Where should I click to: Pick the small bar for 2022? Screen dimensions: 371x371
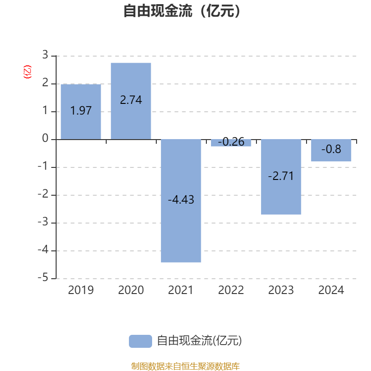point(231,143)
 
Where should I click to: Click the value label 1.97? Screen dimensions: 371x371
point(81,111)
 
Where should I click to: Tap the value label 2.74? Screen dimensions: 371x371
point(131,100)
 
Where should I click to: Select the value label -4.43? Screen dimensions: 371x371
point(181,200)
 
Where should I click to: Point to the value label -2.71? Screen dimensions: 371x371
point(281,177)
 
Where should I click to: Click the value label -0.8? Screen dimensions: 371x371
point(331,149)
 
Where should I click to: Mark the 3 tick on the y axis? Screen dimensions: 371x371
point(45,56)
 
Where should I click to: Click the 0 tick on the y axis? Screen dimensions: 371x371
point(45,139)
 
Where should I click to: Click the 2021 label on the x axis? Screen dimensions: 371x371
point(181,290)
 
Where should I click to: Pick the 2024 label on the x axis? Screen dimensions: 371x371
point(331,290)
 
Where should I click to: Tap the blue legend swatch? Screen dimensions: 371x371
point(140,341)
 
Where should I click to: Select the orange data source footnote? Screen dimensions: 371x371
point(185,366)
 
